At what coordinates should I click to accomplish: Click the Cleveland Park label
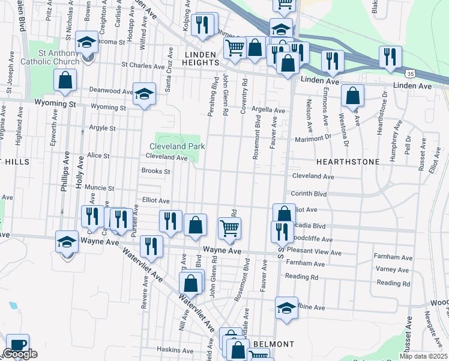[177, 146]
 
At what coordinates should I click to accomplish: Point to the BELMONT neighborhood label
[273, 344]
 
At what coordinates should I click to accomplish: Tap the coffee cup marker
[17, 345]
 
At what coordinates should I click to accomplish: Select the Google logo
[20, 354]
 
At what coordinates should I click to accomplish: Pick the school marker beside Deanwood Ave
[144, 94]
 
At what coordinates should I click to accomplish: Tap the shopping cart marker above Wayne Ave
[229, 228]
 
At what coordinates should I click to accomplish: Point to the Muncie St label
[99, 188]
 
